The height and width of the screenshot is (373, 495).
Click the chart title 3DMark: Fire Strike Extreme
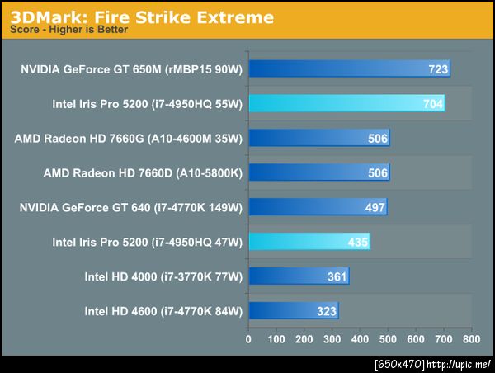coord(142,17)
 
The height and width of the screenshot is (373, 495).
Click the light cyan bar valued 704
coord(346,103)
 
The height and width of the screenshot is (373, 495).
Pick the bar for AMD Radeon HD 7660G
coord(318,138)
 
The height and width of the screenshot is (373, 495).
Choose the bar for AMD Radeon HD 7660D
coord(318,172)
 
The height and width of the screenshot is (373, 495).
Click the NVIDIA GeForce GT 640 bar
coord(317,206)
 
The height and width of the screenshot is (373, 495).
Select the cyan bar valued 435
coord(308,241)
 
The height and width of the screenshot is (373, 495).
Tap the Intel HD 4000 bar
coord(298,276)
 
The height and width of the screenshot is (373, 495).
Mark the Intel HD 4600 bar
coord(293,310)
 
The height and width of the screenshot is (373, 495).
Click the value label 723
coord(438,69)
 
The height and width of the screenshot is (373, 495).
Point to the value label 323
coord(326,311)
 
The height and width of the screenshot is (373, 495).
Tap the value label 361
coord(337,276)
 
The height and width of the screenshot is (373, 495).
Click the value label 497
coord(375,207)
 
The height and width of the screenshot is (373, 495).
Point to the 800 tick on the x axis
coord(471,338)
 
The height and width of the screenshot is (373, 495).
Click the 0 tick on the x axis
coord(248,338)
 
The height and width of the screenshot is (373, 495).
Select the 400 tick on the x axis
coord(360,338)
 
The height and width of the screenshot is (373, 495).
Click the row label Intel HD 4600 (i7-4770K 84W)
coord(163,311)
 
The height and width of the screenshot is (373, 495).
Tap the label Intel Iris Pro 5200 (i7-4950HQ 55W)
coord(147,104)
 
